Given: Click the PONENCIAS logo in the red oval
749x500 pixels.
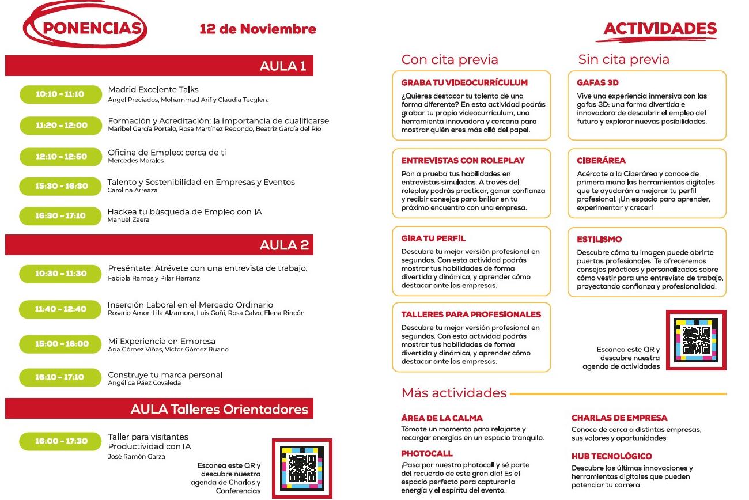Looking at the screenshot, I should tap(85, 28).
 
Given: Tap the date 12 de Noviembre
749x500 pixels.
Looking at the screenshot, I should tap(258, 29).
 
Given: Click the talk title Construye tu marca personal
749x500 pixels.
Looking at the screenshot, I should tap(165, 375).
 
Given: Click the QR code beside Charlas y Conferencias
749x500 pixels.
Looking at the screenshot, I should tap(302, 468).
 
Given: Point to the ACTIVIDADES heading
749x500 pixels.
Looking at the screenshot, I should tap(660, 29).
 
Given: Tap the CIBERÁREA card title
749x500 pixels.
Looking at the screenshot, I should tap(601, 161).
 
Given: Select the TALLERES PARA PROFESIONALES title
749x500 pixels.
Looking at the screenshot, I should tap(471, 315).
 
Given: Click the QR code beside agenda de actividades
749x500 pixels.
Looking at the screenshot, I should tap(695, 340).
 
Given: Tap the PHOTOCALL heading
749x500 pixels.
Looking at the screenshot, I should tap(427, 454).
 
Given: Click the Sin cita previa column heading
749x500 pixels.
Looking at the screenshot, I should tap(623, 59).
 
